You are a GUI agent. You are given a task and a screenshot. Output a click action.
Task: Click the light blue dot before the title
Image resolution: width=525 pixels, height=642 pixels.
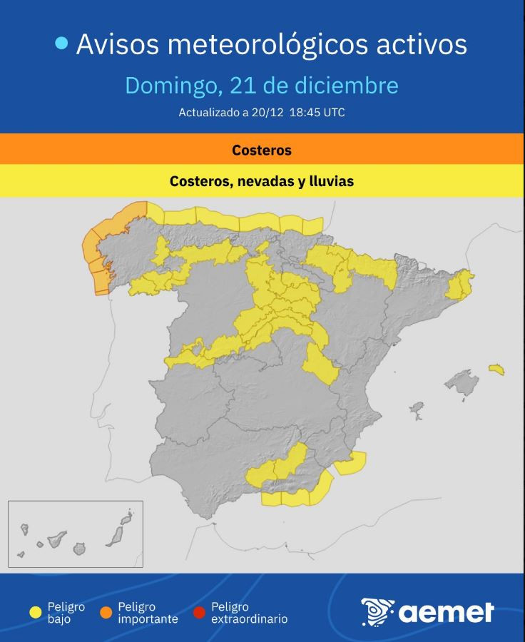tap(61, 44)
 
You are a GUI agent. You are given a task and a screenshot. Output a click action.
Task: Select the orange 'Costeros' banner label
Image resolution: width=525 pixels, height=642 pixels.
tap(262, 151)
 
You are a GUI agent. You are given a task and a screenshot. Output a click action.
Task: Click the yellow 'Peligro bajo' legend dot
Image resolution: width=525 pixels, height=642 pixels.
tap(35, 612)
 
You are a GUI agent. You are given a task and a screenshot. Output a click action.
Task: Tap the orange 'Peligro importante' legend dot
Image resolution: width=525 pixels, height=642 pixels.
tap(106, 612)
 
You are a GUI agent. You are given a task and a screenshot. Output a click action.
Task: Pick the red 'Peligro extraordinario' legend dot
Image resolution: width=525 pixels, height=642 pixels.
tap(199, 612)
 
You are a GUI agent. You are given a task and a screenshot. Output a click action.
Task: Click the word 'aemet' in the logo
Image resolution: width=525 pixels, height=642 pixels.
tap(446, 612)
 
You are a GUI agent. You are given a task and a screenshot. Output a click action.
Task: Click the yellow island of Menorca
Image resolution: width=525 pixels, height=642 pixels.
tap(496, 370)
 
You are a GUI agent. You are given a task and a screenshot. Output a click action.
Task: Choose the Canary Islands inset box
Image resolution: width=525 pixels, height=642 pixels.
tap(76, 534)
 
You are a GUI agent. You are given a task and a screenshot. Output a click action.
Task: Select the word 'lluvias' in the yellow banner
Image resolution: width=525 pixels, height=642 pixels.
tap(330, 181)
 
